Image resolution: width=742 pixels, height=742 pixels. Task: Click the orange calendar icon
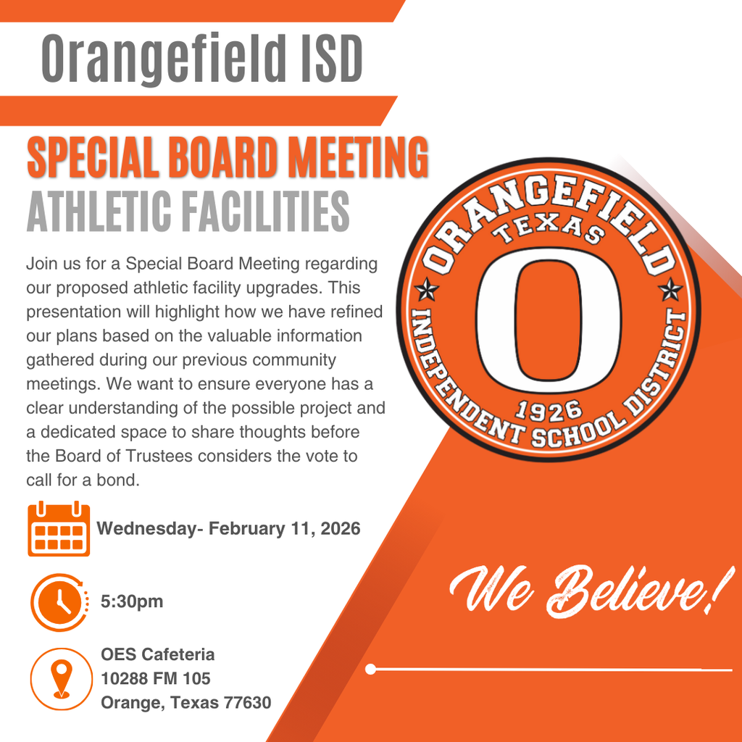click(x=59, y=529)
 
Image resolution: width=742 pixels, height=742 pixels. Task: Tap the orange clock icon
click(x=59, y=601)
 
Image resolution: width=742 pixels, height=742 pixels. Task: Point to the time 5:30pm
click(x=132, y=601)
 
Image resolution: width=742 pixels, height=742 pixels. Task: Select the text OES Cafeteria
click(x=157, y=654)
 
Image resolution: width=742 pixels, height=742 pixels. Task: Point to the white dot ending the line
click(x=371, y=669)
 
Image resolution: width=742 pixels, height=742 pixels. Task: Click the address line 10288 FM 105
click(x=156, y=678)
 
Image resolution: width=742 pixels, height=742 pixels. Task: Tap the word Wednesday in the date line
click(x=145, y=528)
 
